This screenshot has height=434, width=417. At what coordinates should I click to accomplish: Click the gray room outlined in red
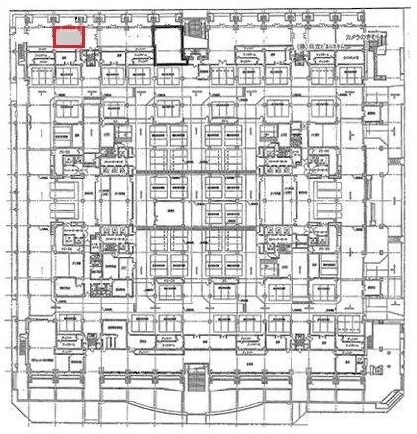pos(68,37)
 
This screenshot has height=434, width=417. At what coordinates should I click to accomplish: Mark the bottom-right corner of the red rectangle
pos(84,46)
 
